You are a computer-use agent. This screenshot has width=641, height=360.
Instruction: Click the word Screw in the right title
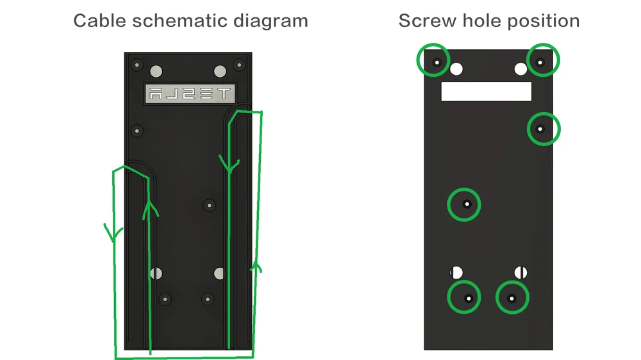coord(427,21)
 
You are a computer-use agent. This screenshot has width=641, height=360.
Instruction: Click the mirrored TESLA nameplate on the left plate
coord(190,94)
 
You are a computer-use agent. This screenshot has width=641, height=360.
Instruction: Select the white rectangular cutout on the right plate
coord(486,91)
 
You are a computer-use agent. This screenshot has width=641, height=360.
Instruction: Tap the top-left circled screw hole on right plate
coord(433,60)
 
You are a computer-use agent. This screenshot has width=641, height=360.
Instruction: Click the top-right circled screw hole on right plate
coord(543,60)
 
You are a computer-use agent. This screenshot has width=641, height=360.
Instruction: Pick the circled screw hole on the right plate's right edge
coord(544,129)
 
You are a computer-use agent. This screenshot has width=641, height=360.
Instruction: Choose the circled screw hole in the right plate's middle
coord(464,204)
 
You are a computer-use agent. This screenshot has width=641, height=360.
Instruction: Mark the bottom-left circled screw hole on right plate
coord(464,297)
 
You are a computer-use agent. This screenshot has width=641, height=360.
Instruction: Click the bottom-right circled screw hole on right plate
coord(512,297)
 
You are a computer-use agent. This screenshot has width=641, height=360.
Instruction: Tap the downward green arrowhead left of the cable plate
coord(113,233)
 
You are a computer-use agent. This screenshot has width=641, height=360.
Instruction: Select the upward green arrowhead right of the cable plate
coord(256,267)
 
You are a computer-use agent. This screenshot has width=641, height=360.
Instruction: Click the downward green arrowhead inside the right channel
coord(229,164)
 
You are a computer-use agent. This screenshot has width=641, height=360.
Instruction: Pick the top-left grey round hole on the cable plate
coord(156,72)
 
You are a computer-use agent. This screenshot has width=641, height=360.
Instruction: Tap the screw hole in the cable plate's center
coord(210,205)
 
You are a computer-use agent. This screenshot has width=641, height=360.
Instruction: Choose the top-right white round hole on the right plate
coord(520,69)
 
